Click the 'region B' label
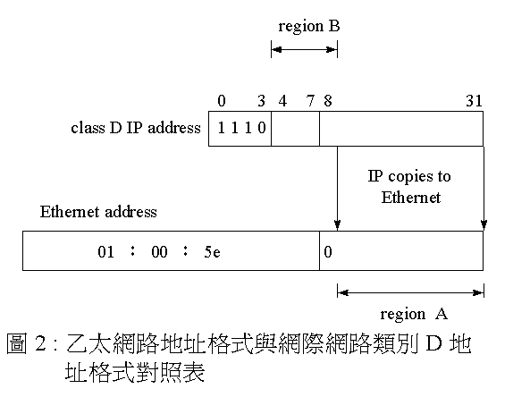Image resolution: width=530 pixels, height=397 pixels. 309,27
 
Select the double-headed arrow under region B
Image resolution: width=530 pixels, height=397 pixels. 304,50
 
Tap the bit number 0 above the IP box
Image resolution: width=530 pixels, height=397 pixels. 222,101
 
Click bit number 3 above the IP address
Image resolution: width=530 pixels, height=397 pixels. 261,101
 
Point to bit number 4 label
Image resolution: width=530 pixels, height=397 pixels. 282,101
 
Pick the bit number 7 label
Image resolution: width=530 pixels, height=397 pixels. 310,101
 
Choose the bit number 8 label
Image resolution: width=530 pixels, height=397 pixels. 328,101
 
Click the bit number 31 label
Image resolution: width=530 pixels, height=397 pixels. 474,101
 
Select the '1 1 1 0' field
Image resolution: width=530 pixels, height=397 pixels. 241,128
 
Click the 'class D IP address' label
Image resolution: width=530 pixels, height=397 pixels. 136,128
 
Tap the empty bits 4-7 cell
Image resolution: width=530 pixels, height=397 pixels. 295,129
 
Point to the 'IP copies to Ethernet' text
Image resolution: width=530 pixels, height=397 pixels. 409,187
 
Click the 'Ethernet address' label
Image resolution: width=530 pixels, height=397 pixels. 98,212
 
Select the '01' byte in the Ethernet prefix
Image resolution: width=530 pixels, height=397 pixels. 105,252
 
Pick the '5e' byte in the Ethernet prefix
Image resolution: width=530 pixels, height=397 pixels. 213,252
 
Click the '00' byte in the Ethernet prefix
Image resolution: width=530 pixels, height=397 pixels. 159,252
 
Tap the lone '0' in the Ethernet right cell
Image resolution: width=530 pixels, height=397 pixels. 328,252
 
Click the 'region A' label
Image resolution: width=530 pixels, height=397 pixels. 414,314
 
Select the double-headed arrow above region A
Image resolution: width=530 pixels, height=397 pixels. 410,292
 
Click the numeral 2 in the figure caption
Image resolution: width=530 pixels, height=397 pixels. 40,343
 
